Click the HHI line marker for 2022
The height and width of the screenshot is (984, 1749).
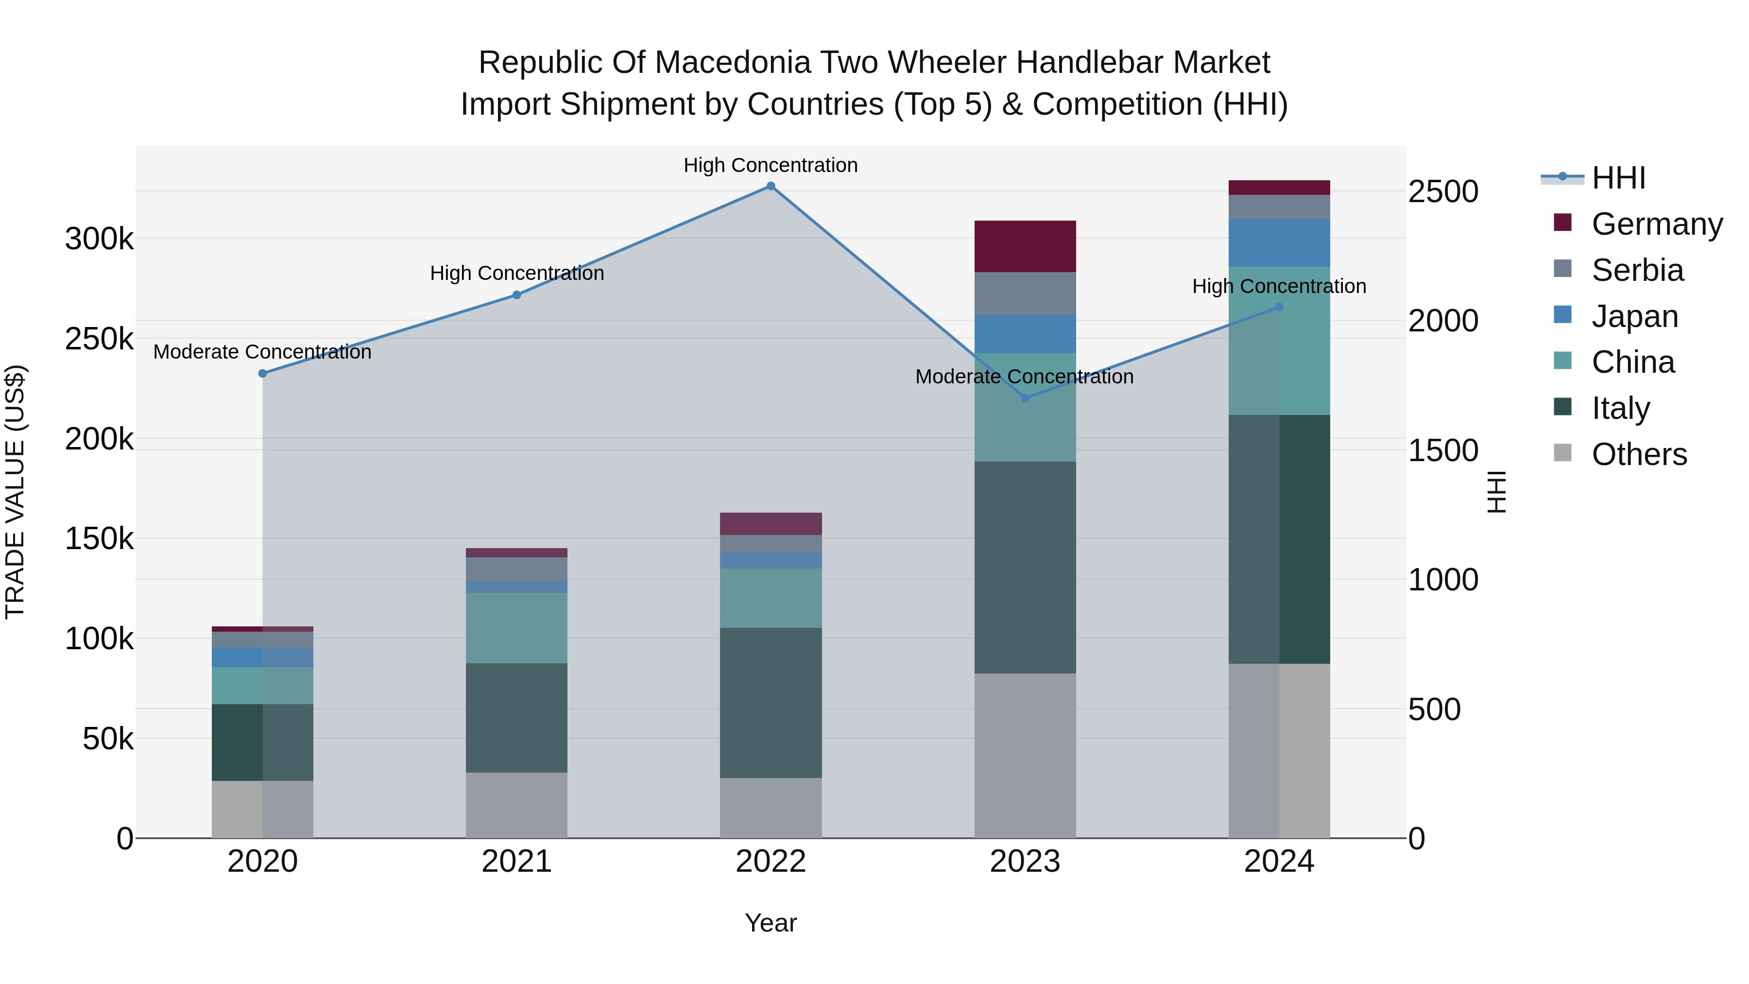(771, 186)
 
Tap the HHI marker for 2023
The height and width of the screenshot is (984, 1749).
(1025, 398)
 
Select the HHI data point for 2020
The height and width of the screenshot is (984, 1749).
(263, 374)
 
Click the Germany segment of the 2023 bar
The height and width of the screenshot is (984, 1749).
(1025, 246)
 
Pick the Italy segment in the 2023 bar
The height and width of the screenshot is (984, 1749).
(1025, 568)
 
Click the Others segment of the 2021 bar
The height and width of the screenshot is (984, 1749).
(517, 805)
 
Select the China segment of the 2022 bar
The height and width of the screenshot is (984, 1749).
(771, 598)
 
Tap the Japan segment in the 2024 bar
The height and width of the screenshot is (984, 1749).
(1279, 243)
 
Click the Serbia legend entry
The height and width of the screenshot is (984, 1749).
(1638, 270)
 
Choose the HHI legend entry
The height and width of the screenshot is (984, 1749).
(1619, 178)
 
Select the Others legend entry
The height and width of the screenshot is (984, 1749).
(1639, 454)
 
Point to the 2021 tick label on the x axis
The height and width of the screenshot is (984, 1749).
(517, 862)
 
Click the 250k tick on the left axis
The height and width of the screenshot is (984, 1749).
(99, 339)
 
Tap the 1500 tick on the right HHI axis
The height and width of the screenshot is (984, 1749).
(1443, 450)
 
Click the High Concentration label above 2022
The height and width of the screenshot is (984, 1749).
(771, 165)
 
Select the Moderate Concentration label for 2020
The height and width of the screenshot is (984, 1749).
(263, 352)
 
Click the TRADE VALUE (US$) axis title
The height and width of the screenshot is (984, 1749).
(15, 492)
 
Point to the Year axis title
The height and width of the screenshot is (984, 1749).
(771, 923)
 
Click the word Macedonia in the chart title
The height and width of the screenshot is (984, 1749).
(733, 63)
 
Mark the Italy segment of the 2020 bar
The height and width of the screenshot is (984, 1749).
(263, 742)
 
